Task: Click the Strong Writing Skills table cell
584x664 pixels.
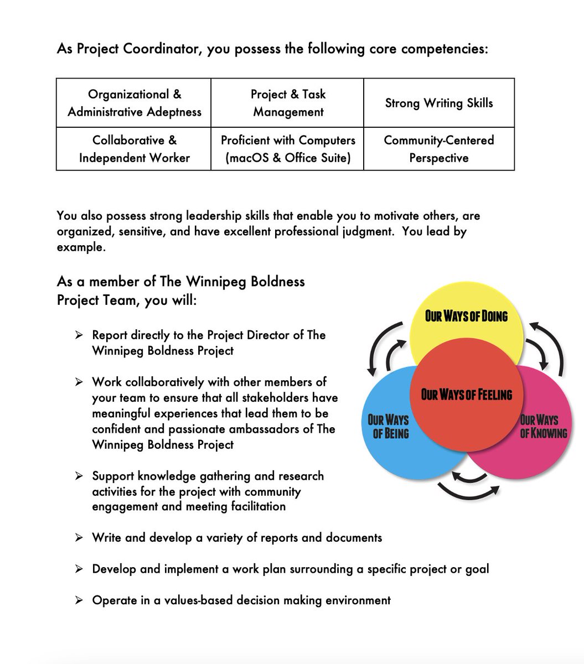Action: [439, 103]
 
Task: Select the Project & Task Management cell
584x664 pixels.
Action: [288, 103]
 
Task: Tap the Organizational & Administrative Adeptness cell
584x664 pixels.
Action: [134, 103]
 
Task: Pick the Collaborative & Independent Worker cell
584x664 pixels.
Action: [134, 149]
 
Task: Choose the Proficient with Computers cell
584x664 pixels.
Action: [288, 149]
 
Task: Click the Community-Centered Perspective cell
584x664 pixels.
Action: [439, 149]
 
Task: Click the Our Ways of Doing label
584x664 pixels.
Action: [466, 316]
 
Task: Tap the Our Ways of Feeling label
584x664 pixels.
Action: [467, 395]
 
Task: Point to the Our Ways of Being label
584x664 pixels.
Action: [389, 427]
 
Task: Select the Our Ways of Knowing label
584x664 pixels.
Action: [543, 427]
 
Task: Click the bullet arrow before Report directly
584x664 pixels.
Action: [79, 335]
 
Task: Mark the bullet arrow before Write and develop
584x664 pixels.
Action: [79, 537]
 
